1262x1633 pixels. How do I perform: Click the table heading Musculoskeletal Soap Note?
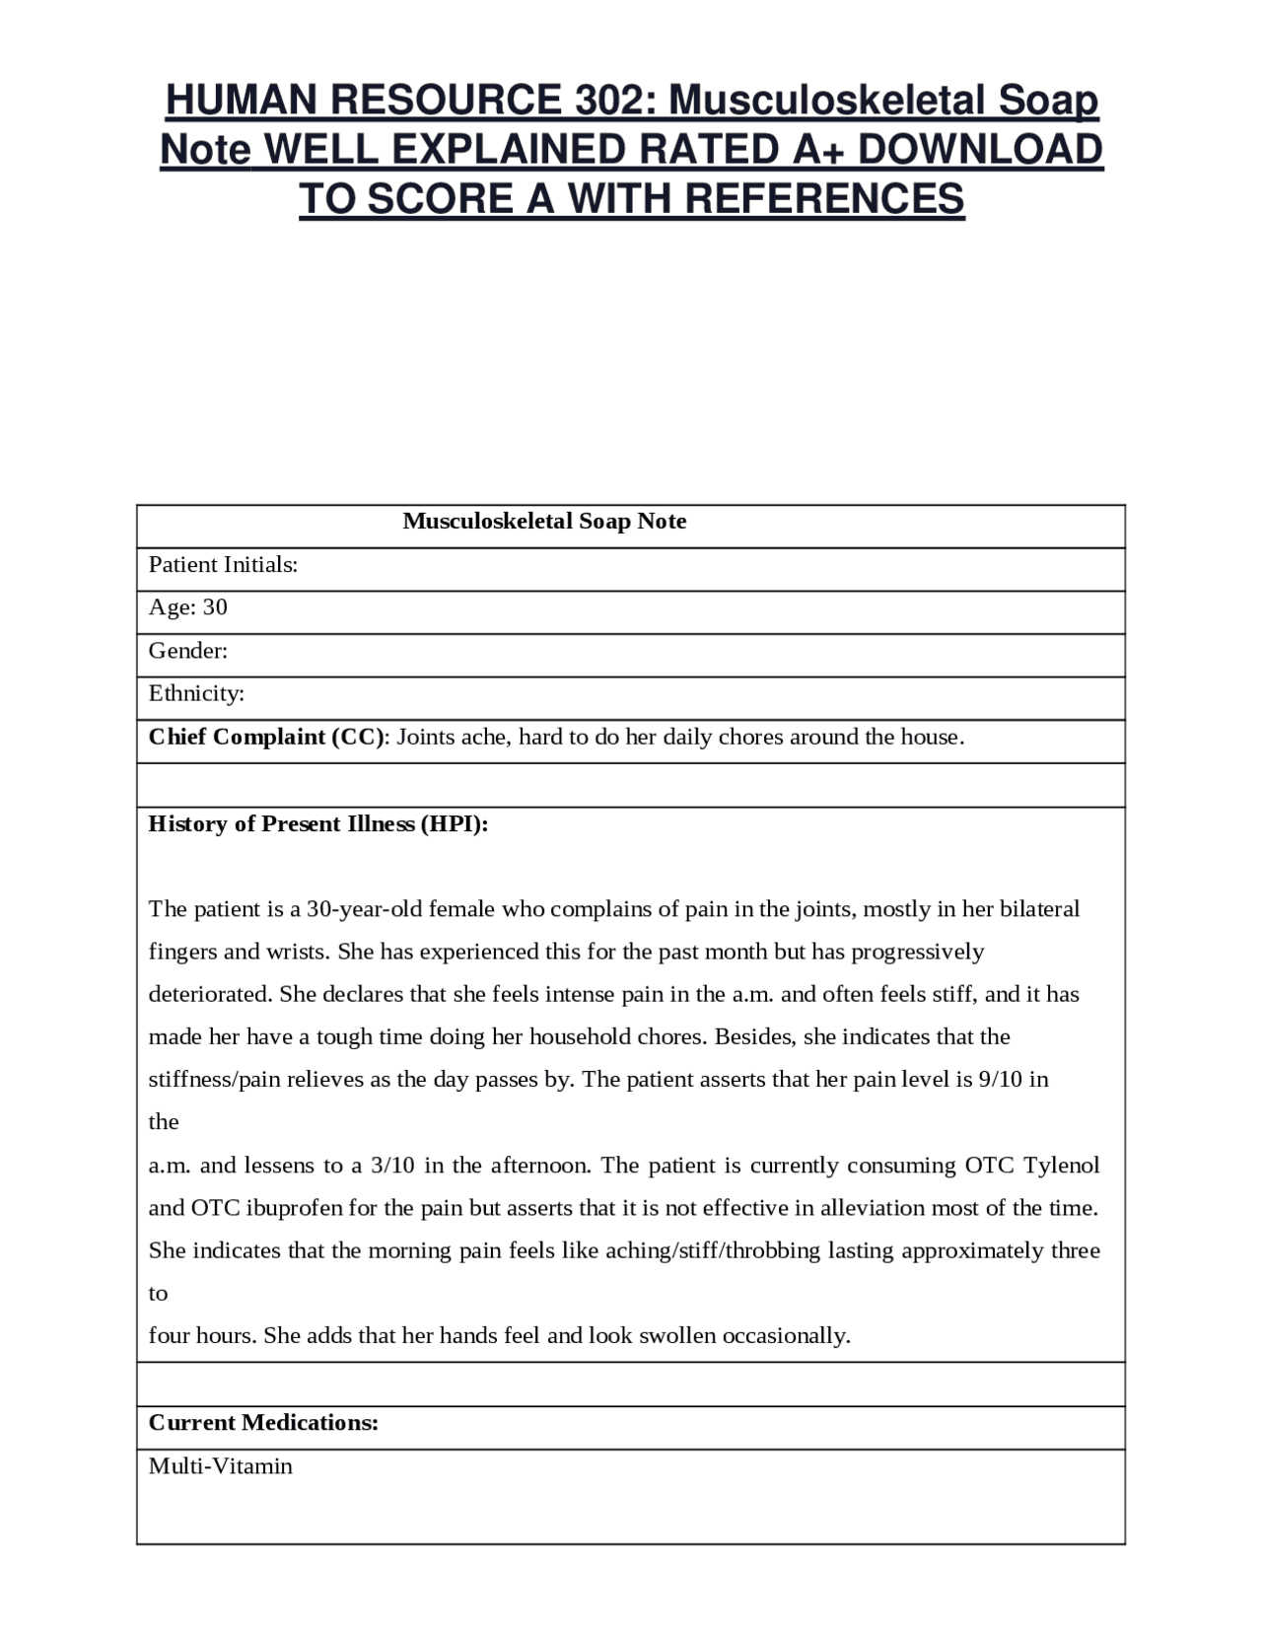click(544, 522)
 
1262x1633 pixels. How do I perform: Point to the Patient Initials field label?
click(223, 565)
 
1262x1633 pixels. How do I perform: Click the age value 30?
click(215, 607)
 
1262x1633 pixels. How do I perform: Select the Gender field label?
click(187, 651)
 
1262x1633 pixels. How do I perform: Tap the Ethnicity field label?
click(196, 693)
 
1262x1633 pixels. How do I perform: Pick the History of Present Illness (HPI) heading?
click(317, 824)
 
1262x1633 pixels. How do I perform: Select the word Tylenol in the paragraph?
click(1061, 1166)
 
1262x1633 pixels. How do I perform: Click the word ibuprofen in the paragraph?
click(293, 1208)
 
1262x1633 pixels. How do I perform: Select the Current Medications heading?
click(263, 1423)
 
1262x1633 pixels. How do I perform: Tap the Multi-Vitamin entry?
click(220, 1466)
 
